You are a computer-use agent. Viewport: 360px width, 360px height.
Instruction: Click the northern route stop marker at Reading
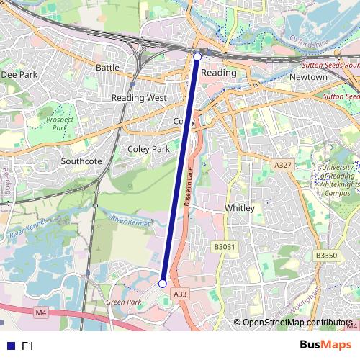pos(197,55)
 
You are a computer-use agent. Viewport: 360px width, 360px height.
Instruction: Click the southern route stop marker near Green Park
pos(163,284)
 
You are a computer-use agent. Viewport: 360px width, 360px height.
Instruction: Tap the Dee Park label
pos(19,74)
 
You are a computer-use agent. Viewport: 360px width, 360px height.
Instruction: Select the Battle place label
pos(107,67)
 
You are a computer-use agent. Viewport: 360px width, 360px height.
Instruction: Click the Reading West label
pos(139,97)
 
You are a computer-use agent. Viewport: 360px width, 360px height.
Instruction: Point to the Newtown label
pos(308,76)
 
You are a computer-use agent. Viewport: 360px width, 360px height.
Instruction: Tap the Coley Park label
pos(148,149)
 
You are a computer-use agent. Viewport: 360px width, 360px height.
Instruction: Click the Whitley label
pos(240,208)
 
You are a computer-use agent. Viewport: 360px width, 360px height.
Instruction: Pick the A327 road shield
pos(283,165)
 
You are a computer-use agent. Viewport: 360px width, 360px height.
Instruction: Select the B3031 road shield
pos(225,247)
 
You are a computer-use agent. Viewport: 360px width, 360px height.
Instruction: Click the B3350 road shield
pos(326,255)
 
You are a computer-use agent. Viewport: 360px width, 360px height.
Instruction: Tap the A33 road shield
pos(181,294)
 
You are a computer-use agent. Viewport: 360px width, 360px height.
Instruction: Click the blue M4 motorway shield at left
pos(40,312)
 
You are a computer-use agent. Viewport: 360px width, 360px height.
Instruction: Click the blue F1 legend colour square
pos(9,346)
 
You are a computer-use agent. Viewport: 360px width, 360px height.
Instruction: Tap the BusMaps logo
pos(326,345)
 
